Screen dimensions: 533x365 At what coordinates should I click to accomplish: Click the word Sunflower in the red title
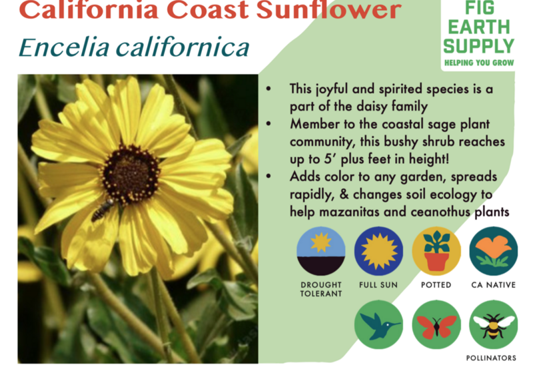[x=328, y=9]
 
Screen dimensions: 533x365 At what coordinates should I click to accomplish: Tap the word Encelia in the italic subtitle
[x=64, y=47]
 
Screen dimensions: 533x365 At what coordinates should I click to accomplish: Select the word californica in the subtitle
[x=183, y=47]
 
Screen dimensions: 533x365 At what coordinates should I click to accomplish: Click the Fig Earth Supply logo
[x=478, y=33]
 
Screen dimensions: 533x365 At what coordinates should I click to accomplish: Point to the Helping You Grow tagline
[x=479, y=63]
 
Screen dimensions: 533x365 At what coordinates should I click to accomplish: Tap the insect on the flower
[x=103, y=209]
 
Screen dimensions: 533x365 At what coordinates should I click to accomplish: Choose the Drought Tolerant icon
[x=321, y=251]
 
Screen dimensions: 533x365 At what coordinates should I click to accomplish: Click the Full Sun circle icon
[x=378, y=251]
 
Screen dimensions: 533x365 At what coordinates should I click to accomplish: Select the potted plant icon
[x=436, y=251]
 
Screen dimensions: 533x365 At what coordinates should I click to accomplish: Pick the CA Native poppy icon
[x=494, y=251]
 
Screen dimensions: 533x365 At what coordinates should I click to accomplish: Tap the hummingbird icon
[x=378, y=324]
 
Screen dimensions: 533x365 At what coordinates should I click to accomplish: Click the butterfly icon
[x=436, y=324]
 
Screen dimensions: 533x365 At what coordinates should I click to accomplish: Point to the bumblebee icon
[x=494, y=324]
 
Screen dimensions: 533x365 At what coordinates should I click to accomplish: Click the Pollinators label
[x=491, y=358]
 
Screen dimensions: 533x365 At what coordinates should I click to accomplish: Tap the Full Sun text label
[x=378, y=285]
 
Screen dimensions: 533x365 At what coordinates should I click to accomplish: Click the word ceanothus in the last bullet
[x=440, y=212]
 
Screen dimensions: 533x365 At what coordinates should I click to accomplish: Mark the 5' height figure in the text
[x=330, y=159]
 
